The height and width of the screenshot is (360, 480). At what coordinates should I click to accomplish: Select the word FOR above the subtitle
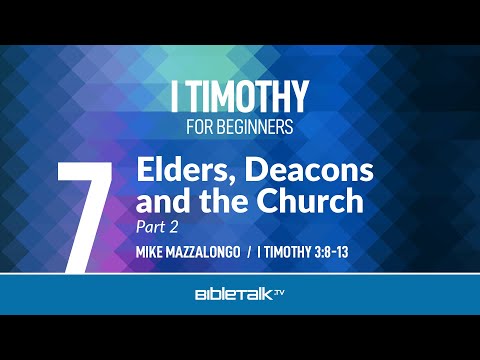pos(203,128)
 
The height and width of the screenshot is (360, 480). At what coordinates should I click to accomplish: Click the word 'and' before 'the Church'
pos(158,202)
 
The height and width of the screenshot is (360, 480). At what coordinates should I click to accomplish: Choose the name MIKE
pos(153,251)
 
